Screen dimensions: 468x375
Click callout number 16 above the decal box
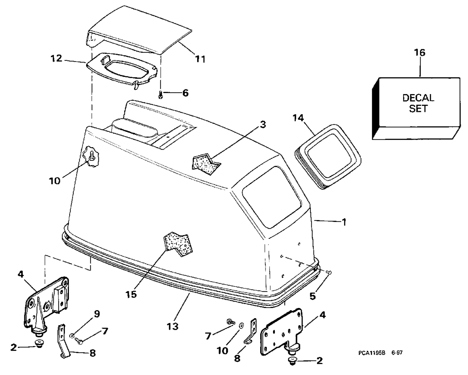[x=420, y=53]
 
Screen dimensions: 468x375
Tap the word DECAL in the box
[x=418, y=98]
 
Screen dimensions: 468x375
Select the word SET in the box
[x=418, y=108]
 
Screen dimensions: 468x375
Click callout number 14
[x=298, y=118]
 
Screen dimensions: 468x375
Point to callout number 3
[x=263, y=125]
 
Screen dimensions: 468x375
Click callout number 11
[x=200, y=59]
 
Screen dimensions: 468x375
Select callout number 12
[x=56, y=58]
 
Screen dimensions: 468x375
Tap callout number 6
[x=185, y=93]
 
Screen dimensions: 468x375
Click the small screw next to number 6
[x=161, y=95]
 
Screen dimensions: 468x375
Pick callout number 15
[x=131, y=294]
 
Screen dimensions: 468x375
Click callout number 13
[x=173, y=326]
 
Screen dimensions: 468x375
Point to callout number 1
[x=344, y=222]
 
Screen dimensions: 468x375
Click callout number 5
[x=313, y=296]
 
